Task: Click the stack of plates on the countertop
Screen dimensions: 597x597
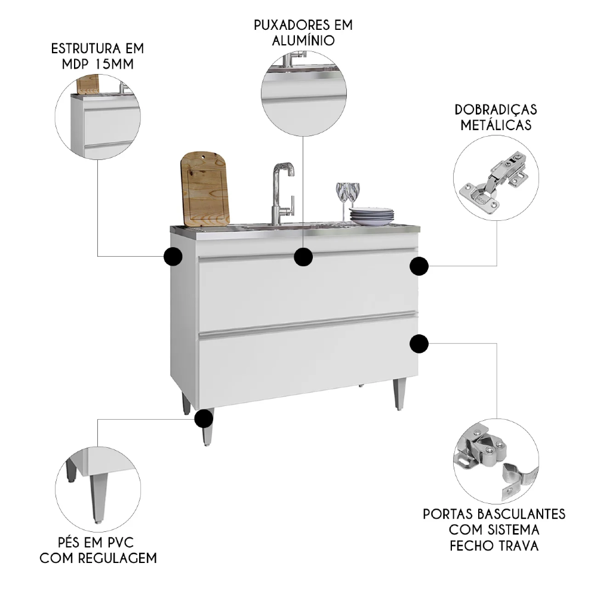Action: (x=372, y=216)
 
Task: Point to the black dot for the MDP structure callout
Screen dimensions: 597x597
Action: (x=173, y=256)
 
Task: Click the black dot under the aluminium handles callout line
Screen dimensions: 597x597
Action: (x=303, y=257)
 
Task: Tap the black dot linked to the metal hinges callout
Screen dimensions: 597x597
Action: (x=419, y=266)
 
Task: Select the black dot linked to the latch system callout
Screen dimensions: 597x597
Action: (x=419, y=344)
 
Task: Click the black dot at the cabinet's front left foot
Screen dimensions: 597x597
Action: (x=204, y=418)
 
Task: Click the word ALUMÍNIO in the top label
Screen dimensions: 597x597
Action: (x=303, y=41)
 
